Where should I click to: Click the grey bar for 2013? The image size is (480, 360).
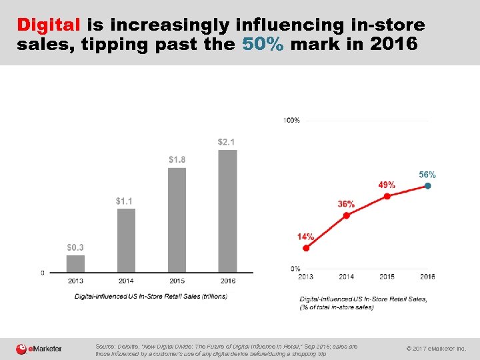76,264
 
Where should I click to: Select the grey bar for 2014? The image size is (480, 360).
126,241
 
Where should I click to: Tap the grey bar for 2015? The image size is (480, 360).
177,220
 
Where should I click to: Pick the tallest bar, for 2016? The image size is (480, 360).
227,211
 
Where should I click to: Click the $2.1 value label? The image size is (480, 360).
227,142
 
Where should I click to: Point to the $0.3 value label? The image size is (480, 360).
75,247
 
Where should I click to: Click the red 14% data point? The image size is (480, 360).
306,248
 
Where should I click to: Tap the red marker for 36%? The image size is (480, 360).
346,215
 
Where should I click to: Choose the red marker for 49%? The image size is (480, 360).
387,196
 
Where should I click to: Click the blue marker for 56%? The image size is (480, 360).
427,186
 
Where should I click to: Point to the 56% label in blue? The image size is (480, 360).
427,174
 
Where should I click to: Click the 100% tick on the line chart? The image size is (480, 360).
291,120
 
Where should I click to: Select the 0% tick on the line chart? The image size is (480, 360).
295,269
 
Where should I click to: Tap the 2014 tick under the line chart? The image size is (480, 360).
346,277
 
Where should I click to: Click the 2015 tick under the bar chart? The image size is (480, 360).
177,281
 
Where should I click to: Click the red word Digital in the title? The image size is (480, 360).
49,25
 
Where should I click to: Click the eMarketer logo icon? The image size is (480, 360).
22,349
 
